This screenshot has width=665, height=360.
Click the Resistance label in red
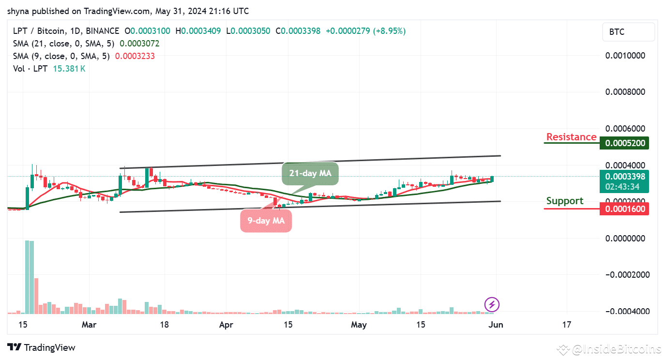click(x=571, y=137)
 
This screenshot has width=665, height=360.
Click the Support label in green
click(x=564, y=201)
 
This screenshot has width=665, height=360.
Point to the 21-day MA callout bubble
click(x=310, y=173)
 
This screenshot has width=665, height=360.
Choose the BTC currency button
click(x=628, y=32)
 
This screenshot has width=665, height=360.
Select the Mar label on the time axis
click(x=89, y=325)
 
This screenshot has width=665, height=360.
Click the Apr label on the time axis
click(x=226, y=325)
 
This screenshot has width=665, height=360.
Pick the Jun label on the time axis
click(x=496, y=325)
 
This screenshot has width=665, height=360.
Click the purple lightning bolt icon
click(x=492, y=304)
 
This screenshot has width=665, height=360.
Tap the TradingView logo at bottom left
click(x=42, y=347)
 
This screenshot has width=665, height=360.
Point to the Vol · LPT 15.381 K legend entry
click(x=49, y=69)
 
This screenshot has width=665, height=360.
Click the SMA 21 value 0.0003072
click(x=139, y=44)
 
